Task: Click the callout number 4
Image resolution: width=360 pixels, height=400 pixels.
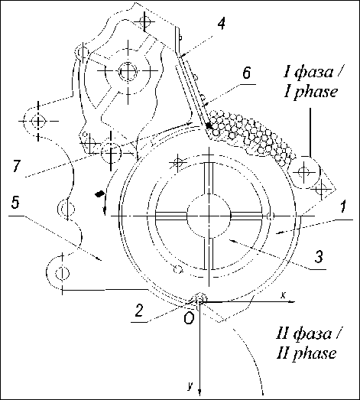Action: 222,24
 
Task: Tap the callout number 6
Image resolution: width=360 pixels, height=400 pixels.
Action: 246,73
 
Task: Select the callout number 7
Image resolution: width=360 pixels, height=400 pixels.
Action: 16,166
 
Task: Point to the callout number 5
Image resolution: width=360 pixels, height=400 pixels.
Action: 15,203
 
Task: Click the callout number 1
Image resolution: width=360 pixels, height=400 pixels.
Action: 343,207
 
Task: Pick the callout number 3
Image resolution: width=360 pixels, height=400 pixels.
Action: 318,257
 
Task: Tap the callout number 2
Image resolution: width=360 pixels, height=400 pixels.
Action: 139,311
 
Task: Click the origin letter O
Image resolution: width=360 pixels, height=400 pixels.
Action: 189,318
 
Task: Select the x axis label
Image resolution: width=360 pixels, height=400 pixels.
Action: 283,295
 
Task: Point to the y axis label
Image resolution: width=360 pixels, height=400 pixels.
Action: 190,386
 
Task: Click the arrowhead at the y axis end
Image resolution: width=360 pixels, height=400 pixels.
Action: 200,394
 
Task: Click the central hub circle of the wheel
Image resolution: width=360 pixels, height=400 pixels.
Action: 209,216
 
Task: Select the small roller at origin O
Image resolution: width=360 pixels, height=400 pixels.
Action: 201,298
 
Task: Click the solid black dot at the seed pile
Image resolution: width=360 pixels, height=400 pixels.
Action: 209,125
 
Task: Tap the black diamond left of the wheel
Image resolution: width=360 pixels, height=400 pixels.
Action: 99,193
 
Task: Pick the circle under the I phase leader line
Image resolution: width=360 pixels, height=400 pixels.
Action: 305,172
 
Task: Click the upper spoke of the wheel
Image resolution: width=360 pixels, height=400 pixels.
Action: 209,177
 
